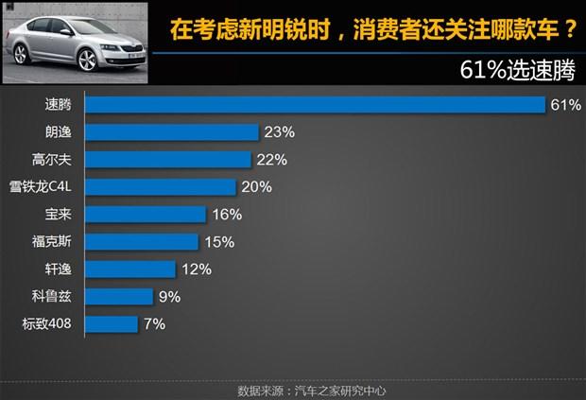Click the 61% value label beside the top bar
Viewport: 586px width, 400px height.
[564, 105]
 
